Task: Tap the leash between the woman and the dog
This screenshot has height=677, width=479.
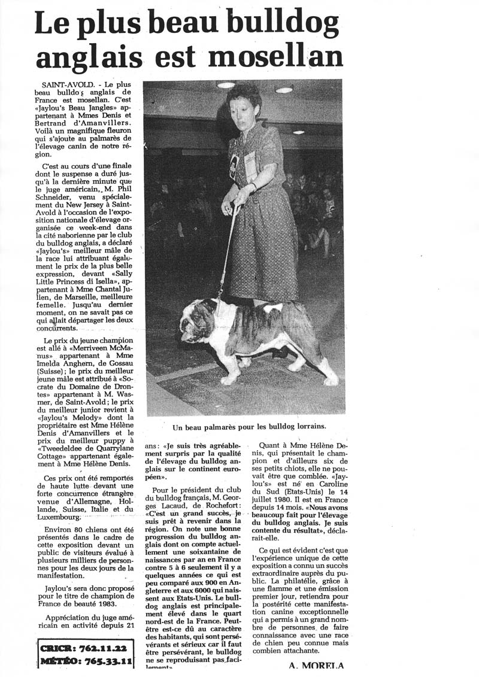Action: click(227, 251)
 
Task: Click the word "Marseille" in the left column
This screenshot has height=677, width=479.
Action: click(79, 303)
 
